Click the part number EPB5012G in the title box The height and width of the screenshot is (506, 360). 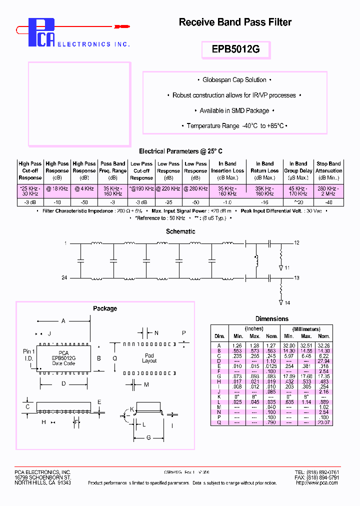click(235, 50)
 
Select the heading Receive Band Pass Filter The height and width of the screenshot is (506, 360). click(235, 22)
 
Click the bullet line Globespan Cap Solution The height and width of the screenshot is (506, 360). click(234, 80)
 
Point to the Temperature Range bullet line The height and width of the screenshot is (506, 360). click(234, 126)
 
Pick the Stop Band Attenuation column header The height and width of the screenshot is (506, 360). click(328, 170)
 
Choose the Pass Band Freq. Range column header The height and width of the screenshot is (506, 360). click(112, 170)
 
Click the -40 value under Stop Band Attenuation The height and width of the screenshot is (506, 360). click(328, 202)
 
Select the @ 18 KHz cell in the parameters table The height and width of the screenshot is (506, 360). click(57, 188)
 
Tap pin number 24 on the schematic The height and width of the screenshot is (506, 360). click(64, 277)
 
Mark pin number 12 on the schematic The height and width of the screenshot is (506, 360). click(296, 242)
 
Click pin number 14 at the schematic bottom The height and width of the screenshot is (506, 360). click(287, 302)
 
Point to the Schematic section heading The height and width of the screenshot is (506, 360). click(180, 231)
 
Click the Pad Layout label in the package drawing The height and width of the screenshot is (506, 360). click(149, 358)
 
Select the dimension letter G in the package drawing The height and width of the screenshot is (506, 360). click(148, 438)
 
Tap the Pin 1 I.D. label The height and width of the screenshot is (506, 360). click(29, 355)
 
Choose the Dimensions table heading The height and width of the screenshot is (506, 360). click(271, 318)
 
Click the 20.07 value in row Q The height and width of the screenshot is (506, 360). click(323, 422)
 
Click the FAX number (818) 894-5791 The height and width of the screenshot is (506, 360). click(317, 477)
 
